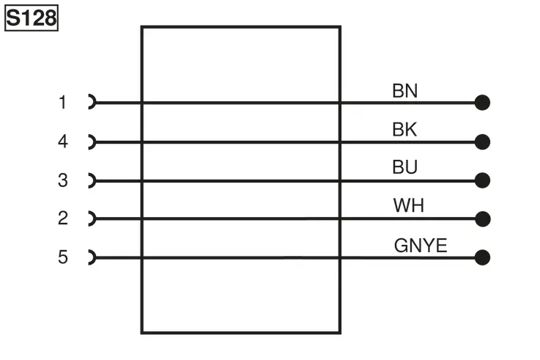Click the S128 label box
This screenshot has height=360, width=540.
coord(32,18)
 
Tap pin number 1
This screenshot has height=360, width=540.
coord(62,103)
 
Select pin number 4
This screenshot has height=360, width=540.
coord(63,142)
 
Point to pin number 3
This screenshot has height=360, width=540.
coord(63,180)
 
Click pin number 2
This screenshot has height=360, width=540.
coord(63,218)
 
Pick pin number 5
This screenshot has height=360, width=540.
coord(63,257)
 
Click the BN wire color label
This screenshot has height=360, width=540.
coord(404,91)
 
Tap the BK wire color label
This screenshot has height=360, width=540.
coord(404,130)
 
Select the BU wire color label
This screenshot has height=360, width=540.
coord(404,167)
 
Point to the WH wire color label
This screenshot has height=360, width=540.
coord(408,205)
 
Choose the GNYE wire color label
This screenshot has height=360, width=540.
coord(421,246)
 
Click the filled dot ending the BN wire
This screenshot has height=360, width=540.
coord(482,103)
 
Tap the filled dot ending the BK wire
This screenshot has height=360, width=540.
coord(482,142)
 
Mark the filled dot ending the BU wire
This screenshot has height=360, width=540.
coord(482,180)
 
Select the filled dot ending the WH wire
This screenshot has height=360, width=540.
coord(483,219)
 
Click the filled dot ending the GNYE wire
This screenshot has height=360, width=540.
coord(482,257)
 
